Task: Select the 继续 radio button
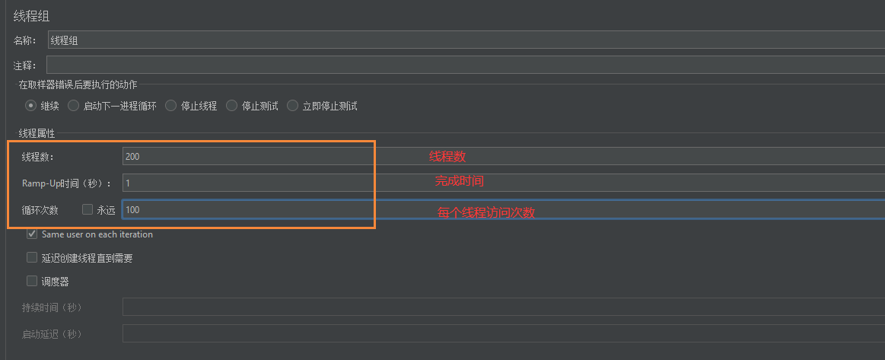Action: click(x=31, y=106)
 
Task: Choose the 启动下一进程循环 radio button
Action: click(x=74, y=106)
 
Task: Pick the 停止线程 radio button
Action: click(x=171, y=106)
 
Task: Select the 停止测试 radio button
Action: click(x=232, y=106)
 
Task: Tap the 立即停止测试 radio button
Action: click(x=293, y=106)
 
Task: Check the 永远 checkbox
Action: click(x=88, y=209)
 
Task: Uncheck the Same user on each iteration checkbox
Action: click(x=32, y=234)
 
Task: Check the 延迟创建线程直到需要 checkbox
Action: click(x=32, y=258)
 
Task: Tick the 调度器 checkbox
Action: click(x=32, y=281)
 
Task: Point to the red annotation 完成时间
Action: click(x=459, y=181)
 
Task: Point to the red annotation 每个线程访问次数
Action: click(x=486, y=213)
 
